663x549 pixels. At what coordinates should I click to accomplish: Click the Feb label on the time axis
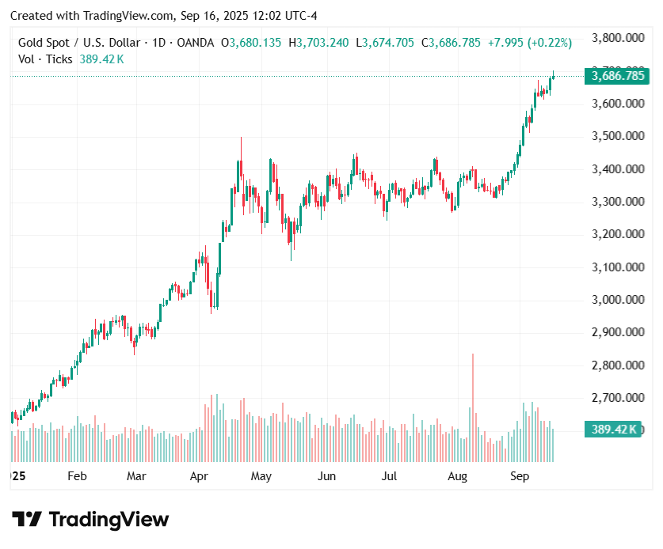tap(77, 476)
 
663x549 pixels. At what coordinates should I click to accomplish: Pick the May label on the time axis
tap(261, 476)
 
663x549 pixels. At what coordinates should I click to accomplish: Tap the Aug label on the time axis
tap(457, 476)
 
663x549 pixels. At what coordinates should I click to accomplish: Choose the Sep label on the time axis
tap(520, 476)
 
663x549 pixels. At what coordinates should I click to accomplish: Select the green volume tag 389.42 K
tap(615, 430)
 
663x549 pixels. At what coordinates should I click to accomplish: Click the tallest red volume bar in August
tap(473, 407)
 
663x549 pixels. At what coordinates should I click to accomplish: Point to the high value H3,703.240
tap(318, 43)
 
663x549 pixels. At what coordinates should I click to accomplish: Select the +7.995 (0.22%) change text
tap(530, 43)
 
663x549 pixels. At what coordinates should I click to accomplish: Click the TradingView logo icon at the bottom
tap(27, 520)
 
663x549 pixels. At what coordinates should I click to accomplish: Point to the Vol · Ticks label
tap(45, 59)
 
